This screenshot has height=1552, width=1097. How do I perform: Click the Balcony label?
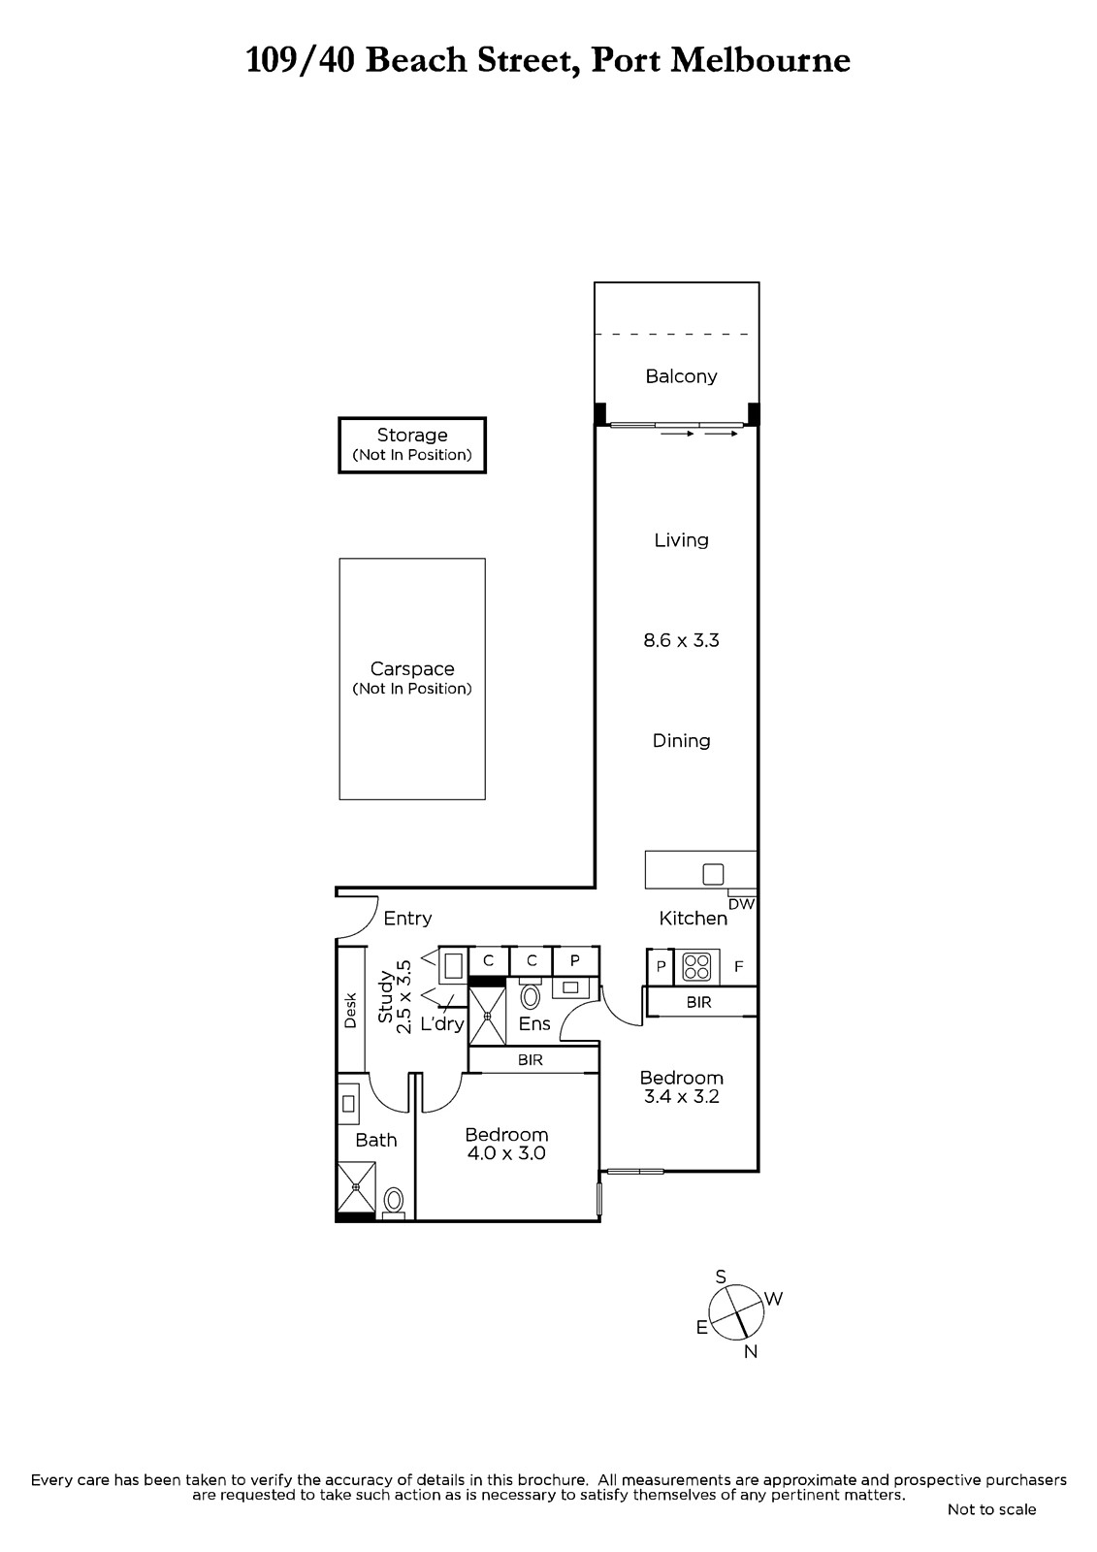point(681,376)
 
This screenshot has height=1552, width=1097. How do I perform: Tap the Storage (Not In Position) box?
point(411,445)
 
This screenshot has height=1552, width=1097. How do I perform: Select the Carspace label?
point(411,668)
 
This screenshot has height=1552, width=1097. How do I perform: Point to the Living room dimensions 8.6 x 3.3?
point(681,640)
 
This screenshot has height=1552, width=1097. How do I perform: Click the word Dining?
point(681,741)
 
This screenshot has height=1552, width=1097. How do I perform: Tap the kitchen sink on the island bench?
point(713,874)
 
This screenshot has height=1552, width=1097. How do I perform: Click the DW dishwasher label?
point(741,903)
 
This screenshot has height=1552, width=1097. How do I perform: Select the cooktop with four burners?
point(696,966)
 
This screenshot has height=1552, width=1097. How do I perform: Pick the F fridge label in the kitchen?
point(739,966)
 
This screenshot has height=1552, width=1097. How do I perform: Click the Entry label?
point(407,918)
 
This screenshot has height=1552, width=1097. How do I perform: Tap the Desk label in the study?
point(350,1011)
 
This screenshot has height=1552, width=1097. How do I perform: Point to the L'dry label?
point(442,1023)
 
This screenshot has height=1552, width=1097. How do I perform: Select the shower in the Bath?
point(356,1187)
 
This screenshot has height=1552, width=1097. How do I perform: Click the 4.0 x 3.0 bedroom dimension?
point(506,1153)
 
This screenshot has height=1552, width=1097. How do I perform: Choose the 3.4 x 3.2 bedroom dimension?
point(681,1096)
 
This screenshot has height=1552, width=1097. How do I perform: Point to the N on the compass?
point(751,1351)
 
